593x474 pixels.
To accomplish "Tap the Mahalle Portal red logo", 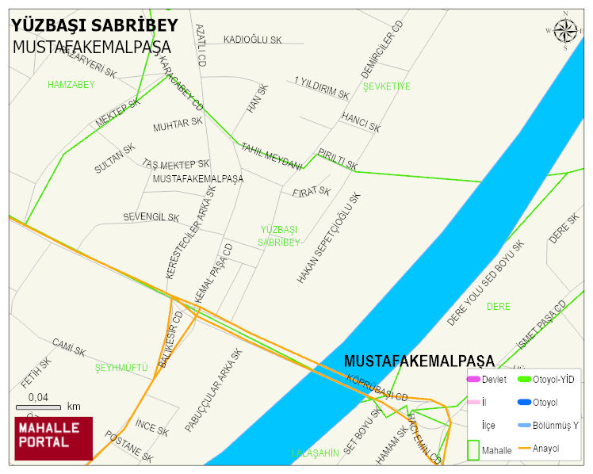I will tap(53, 438).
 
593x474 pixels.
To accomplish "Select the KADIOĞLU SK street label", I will tap(252, 40).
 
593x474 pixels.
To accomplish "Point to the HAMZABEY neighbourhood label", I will tap(71, 84).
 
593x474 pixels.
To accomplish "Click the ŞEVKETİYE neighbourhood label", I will tap(386, 86).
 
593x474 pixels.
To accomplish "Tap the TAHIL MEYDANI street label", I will tap(271, 156).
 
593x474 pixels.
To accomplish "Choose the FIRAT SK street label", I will tap(311, 192).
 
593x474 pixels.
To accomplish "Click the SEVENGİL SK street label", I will tap(151, 217).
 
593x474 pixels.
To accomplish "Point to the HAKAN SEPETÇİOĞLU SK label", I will tap(329, 238).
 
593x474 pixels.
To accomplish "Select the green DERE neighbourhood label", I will tap(498, 306).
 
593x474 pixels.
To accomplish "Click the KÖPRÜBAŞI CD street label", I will tap(377, 386).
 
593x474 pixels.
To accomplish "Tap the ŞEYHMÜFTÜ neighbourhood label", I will tap(121, 368).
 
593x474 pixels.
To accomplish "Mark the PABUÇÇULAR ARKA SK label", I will tap(212, 390).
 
